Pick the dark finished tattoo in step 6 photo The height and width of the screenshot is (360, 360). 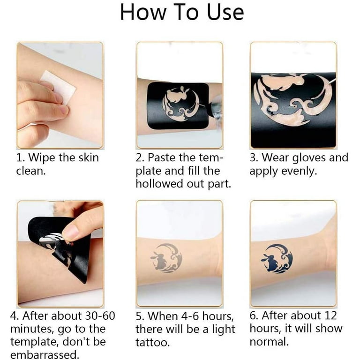point(277,259)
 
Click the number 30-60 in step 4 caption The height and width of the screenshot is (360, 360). point(100,316)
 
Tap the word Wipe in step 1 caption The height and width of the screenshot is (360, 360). point(42,158)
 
